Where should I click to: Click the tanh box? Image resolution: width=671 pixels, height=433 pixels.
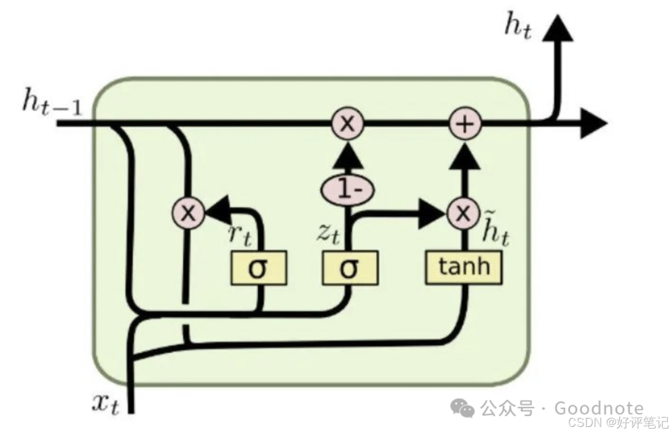point(464,267)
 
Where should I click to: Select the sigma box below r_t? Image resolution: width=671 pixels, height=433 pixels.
point(258,268)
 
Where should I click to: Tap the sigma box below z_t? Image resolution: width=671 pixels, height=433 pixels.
point(350,268)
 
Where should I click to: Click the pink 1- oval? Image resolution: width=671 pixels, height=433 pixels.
point(348,190)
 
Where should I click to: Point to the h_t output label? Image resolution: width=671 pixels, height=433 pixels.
point(519,28)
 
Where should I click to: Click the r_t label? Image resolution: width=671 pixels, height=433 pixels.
point(240,234)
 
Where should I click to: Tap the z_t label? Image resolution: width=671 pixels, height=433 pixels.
point(328,234)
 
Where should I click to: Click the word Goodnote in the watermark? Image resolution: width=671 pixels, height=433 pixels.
point(598,408)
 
